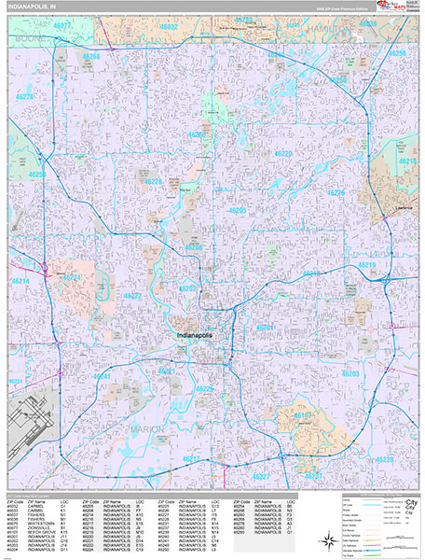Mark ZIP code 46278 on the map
click(25, 97)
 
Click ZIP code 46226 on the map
click(336, 192)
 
